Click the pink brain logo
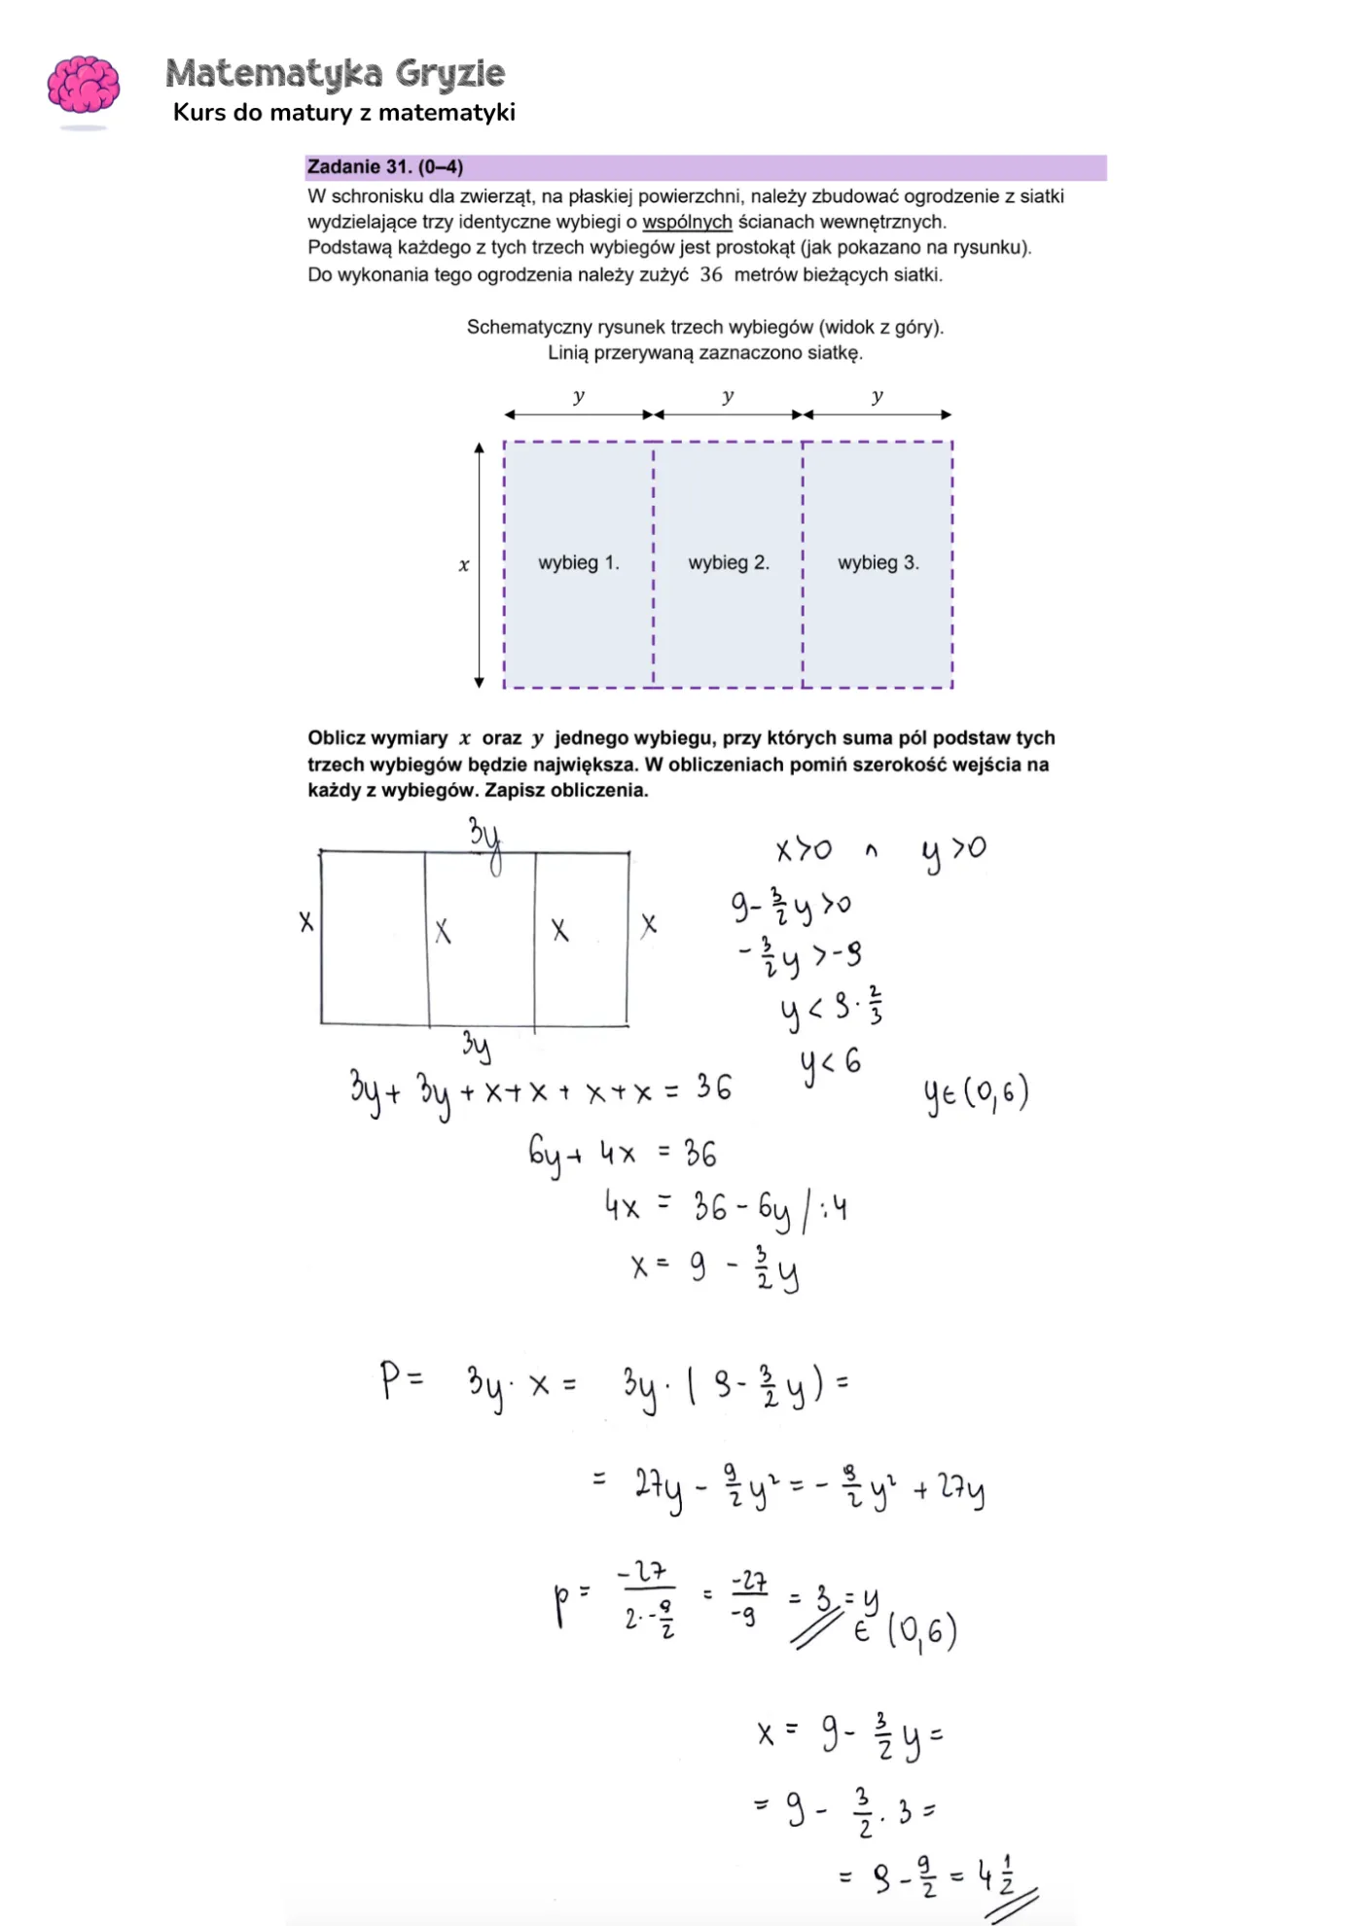coord(84,86)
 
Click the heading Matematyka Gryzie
coord(335,73)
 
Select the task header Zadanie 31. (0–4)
coord(385,167)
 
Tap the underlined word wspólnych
coord(687,223)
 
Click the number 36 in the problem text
coord(711,275)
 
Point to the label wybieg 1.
coord(578,563)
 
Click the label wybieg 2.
coord(728,563)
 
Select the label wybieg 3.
coord(878,563)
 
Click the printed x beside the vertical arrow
coord(464,565)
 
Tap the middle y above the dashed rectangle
coord(728,396)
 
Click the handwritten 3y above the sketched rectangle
coord(484,838)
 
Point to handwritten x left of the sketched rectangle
coord(306,921)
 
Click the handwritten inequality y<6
coord(830,1064)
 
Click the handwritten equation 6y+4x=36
coord(623,1155)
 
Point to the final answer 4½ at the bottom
coord(996,1873)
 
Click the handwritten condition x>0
coord(804,850)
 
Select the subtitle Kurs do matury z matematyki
coord(343,113)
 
